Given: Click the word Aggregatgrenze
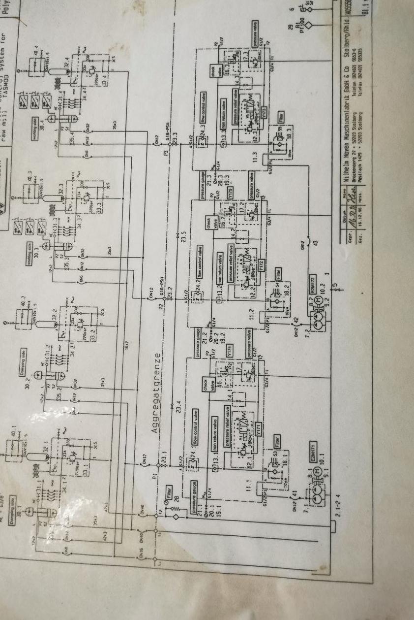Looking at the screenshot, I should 156,392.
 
